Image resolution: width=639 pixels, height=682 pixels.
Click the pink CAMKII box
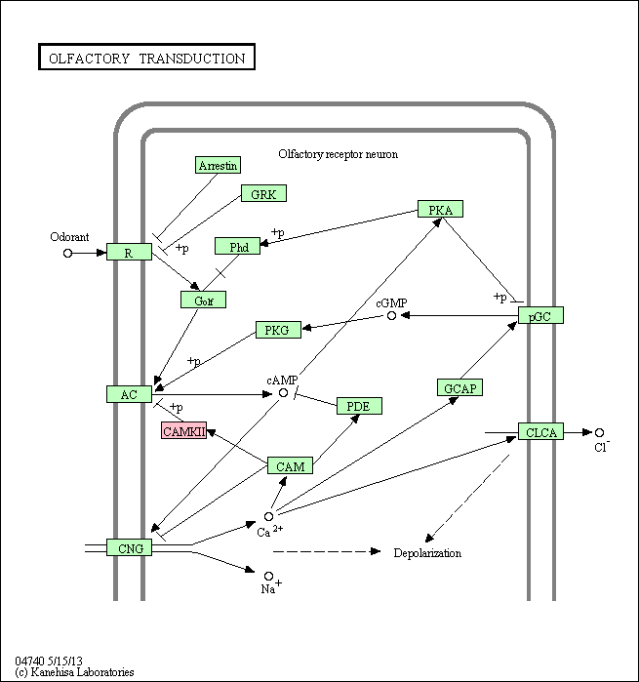(x=184, y=430)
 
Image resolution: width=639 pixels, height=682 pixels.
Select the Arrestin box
(x=218, y=165)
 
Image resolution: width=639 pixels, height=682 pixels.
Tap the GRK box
(x=262, y=194)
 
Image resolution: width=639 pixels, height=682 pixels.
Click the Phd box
(x=238, y=247)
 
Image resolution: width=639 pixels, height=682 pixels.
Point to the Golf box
(x=203, y=301)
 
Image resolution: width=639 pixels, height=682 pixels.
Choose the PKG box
(x=277, y=330)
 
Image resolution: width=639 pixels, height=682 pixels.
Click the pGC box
(x=540, y=315)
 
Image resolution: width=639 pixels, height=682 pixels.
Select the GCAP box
(x=459, y=387)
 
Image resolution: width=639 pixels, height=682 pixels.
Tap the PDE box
(x=358, y=405)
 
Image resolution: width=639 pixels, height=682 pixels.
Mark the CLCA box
(x=540, y=431)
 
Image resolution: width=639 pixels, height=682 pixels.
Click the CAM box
(x=290, y=465)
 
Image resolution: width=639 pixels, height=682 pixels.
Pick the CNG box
(x=130, y=548)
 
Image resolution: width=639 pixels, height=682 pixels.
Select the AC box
(x=129, y=394)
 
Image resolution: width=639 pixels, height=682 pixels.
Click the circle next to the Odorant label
(x=67, y=253)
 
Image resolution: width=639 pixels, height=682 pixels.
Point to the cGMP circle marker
(x=391, y=315)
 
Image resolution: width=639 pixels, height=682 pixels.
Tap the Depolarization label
(x=427, y=553)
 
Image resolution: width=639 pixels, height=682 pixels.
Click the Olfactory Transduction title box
(x=146, y=58)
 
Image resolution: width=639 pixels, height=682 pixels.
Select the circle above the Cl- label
(x=600, y=432)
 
